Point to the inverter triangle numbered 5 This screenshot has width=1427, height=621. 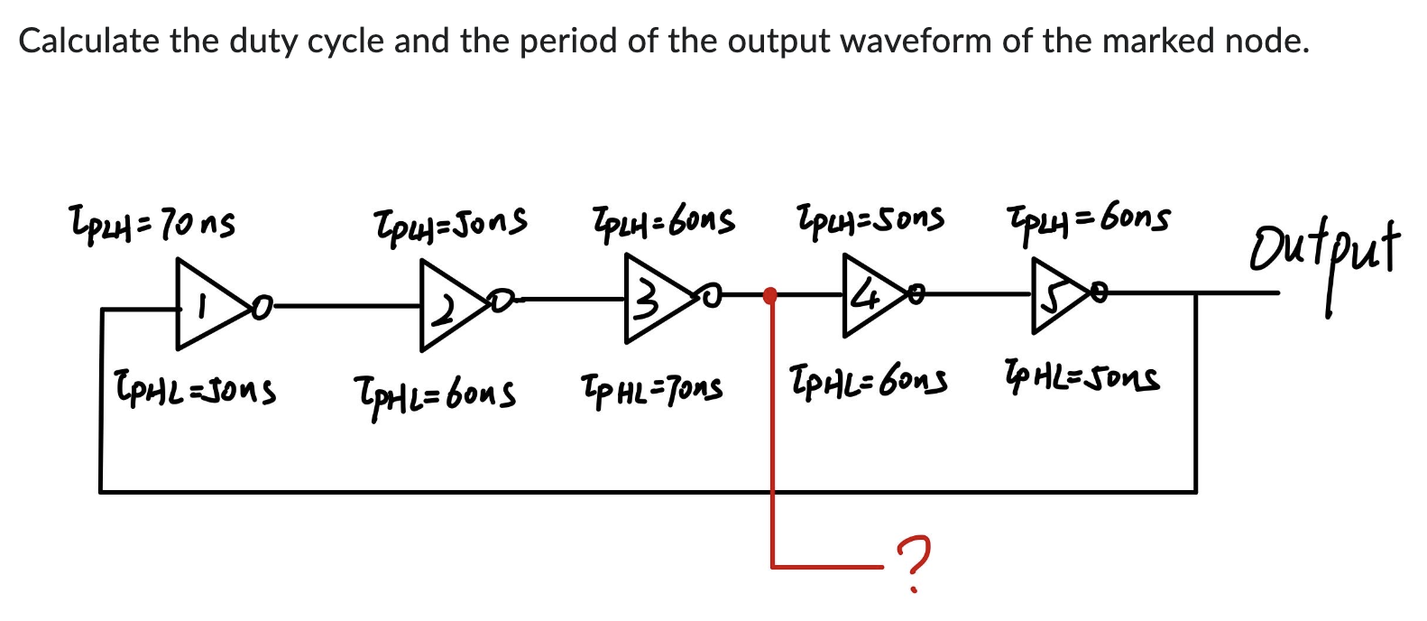[1056, 292]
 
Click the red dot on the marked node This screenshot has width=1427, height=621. [770, 295]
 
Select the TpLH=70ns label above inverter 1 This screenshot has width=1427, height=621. [152, 222]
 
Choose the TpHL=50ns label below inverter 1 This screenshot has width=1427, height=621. [194, 390]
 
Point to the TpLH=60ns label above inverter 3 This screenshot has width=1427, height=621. [662, 219]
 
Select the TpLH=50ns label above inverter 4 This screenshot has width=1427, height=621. [870, 218]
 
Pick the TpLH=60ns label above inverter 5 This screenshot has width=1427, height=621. [1088, 218]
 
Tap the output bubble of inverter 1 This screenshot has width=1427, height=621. [261, 308]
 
